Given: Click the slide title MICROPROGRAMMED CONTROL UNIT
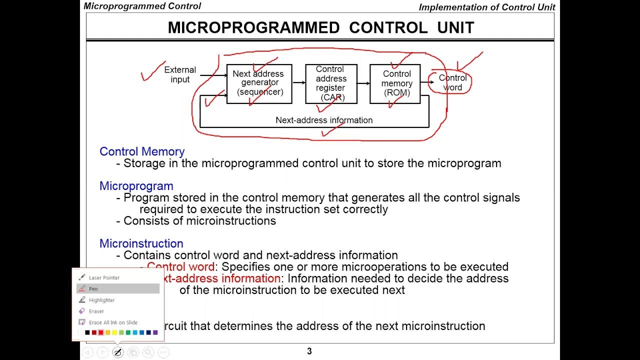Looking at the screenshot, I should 320,27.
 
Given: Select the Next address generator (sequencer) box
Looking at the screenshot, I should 259,83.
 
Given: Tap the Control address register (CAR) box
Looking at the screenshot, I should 331,83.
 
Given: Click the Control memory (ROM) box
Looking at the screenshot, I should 395,83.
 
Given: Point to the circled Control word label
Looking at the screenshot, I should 452,82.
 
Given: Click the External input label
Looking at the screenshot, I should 180,74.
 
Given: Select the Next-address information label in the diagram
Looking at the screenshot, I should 324,120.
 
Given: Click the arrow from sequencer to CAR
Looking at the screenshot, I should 298,82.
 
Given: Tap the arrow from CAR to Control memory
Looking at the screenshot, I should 363,82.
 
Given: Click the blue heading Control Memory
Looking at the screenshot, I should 142,151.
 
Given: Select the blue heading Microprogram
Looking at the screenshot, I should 136,186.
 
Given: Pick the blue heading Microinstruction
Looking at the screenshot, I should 141,243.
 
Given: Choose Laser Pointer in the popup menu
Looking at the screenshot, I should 104,277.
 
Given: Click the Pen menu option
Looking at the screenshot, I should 93,288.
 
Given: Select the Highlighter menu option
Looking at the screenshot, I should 101,300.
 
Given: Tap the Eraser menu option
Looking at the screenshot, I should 96,311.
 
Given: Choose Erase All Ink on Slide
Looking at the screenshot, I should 113,322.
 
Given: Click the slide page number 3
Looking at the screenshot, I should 309,351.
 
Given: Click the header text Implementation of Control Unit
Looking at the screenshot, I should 486,7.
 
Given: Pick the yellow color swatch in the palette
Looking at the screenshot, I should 114,332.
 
